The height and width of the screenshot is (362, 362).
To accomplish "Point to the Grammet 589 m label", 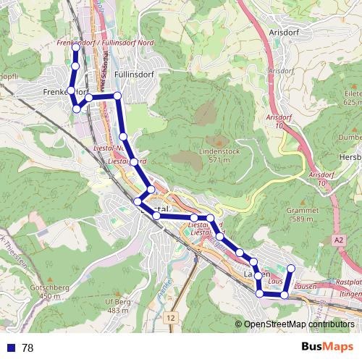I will [303, 214].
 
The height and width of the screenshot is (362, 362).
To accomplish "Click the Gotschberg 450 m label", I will [49, 291].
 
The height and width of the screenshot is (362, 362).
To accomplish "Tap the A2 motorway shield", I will [340, 239].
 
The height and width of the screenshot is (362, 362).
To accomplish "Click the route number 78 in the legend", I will [28, 348].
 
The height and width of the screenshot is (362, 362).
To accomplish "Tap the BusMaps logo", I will [327, 347].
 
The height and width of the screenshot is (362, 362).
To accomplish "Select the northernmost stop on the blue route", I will [75, 47].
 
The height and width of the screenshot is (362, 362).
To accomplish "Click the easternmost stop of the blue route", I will [291, 269].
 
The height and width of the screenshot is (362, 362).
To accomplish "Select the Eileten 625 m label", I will [353, 98].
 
